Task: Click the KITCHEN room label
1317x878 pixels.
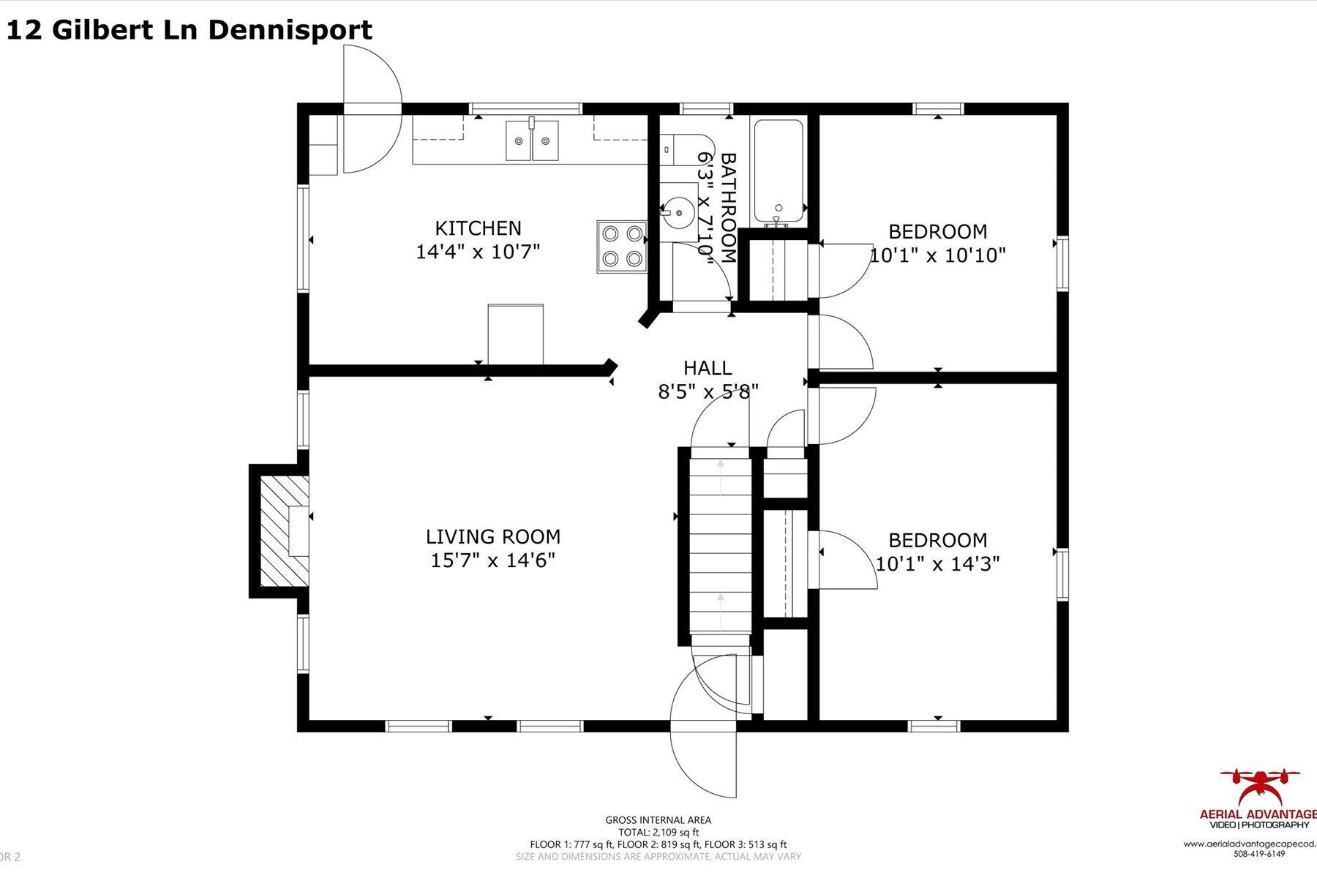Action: [x=478, y=228]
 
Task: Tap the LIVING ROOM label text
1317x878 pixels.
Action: [x=492, y=536]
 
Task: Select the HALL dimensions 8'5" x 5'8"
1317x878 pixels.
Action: [x=708, y=391]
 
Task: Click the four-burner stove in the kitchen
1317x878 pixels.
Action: [x=622, y=247]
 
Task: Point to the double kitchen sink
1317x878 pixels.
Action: [x=532, y=140]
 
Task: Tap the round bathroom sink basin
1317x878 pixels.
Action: [x=680, y=213]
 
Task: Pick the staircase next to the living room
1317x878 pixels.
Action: [x=721, y=545]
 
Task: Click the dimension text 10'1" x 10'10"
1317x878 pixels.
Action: [x=937, y=255]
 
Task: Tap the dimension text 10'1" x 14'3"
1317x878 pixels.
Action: [x=937, y=564]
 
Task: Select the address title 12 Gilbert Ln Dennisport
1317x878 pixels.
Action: [x=189, y=30]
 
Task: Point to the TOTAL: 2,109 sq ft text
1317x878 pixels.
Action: [x=658, y=832]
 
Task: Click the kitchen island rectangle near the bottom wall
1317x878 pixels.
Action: [x=515, y=334]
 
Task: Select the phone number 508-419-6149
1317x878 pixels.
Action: [x=1259, y=854]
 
